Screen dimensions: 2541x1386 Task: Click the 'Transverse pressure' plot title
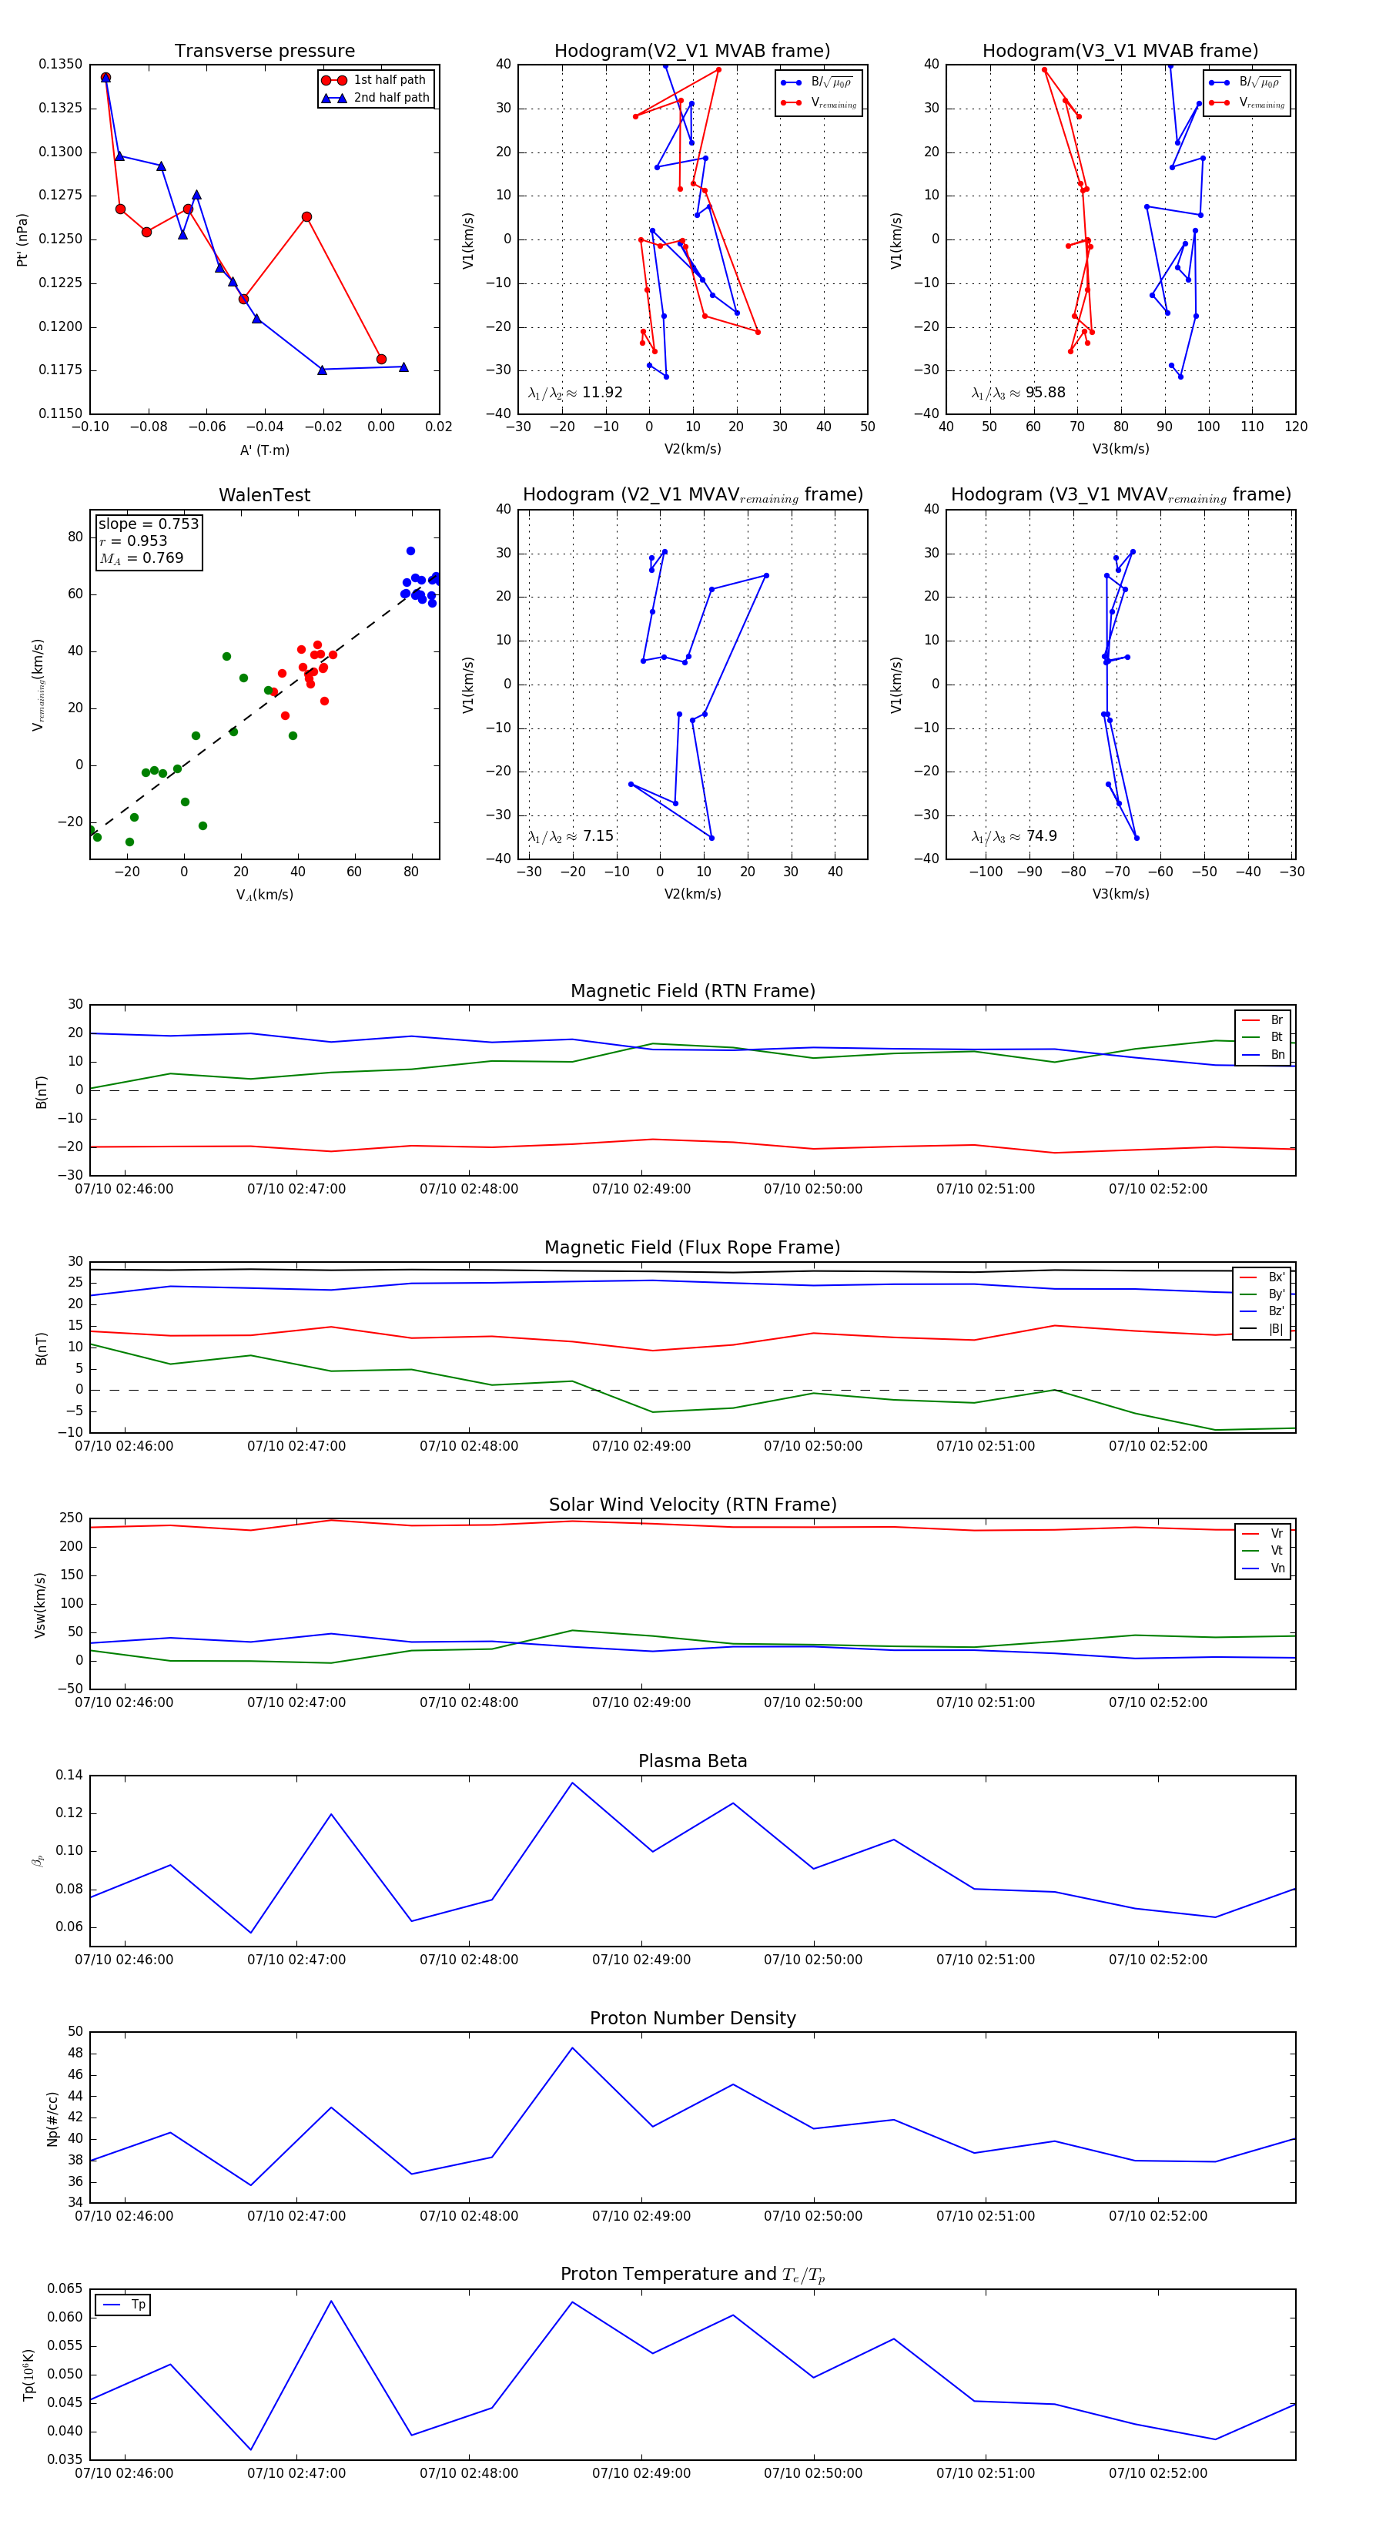click(264, 52)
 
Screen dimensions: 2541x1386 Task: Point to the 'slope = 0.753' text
click(148, 524)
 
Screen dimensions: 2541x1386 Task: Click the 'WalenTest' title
click(264, 495)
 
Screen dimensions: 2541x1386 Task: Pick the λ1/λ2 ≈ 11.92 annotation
click(575, 393)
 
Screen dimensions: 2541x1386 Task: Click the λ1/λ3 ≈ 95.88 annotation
click(1018, 393)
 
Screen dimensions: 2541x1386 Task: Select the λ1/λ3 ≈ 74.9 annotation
click(1014, 836)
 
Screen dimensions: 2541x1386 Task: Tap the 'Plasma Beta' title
click(692, 1761)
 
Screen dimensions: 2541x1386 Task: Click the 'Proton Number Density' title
click(692, 2018)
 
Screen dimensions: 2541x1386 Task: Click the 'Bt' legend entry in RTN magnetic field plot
click(1276, 1036)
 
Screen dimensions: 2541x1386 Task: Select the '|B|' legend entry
click(1276, 1329)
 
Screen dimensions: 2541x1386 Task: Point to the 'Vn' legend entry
click(1277, 1568)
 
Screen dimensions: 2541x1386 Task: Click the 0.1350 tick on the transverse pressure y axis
click(61, 64)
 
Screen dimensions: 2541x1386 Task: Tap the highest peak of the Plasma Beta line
click(572, 1783)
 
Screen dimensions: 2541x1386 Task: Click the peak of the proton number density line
click(572, 2047)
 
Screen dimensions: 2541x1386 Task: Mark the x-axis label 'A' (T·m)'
click(264, 450)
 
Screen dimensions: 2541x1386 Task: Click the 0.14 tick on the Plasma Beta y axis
click(69, 1776)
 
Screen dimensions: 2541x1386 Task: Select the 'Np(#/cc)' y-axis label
click(53, 2119)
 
